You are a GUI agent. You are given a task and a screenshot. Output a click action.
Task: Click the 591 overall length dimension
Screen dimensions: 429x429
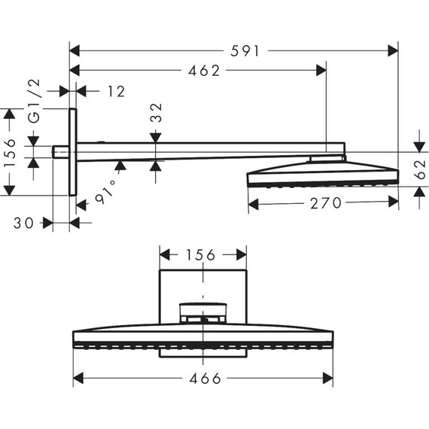click(245, 51)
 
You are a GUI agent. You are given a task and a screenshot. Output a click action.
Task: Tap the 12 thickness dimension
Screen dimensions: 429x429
click(115, 91)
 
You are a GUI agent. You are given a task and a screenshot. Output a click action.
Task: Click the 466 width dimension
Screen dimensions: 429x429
click(203, 379)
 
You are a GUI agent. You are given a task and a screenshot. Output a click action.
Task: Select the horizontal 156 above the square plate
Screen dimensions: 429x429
click(203, 255)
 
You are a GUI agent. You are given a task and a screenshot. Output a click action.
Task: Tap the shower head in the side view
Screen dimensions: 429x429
click(322, 175)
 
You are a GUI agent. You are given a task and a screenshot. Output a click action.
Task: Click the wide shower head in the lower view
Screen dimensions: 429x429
click(203, 336)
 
